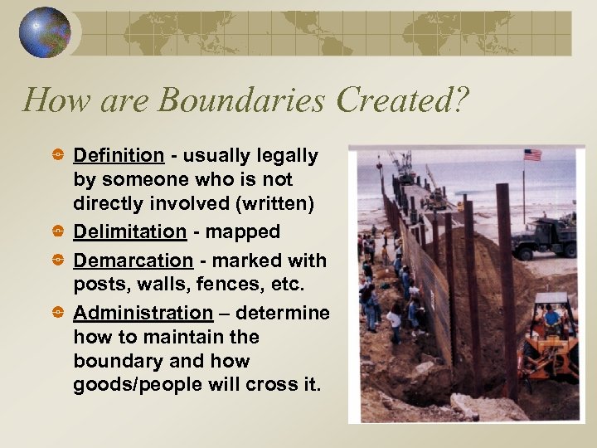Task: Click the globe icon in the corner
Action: pos(45,32)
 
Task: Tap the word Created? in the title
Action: pos(401,100)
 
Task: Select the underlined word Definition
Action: pos(119,156)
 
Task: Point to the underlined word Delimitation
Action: pos(129,232)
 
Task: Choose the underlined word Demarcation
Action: pos(133,261)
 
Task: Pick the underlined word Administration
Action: pos(143,313)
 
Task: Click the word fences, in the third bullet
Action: pos(223,285)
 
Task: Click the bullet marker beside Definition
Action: pos(57,156)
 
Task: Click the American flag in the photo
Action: pos(531,155)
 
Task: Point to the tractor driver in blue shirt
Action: pos(551,316)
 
